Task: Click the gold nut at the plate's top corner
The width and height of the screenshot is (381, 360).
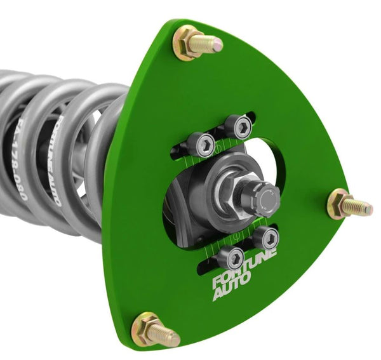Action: tap(188, 43)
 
